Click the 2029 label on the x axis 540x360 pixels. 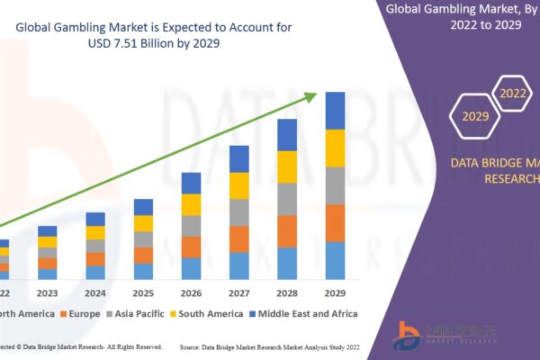pos(335,292)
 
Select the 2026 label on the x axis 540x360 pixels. pos(191,292)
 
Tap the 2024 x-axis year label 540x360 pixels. pos(95,292)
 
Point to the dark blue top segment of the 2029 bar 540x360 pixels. pos(335,111)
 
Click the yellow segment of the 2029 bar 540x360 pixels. pos(335,148)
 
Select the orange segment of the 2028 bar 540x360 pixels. pos(287,231)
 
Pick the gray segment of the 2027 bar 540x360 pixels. pos(239,212)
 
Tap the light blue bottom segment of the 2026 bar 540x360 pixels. pos(191,268)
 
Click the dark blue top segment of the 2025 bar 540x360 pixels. pos(143,207)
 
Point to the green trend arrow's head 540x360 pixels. pos(317,94)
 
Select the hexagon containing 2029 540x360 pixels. pos(474,116)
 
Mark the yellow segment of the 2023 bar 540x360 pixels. pos(47,241)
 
